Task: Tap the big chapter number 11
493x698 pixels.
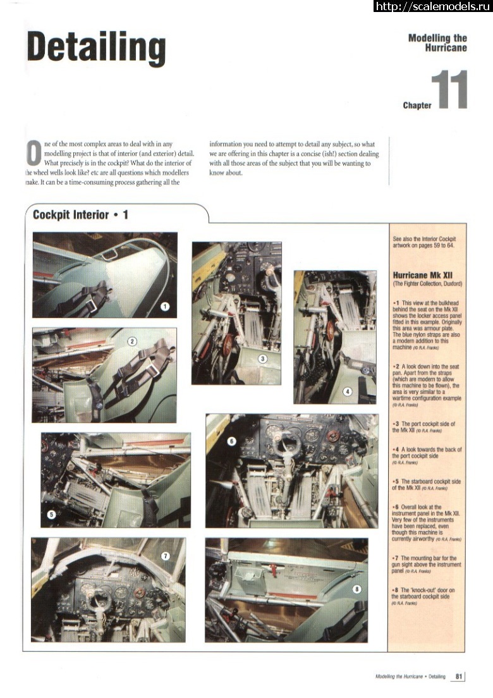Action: coord(449,90)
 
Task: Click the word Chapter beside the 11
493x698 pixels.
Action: coord(417,105)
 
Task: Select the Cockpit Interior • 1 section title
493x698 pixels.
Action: coord(80,215)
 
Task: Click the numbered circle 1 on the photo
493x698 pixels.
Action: coord(165,306)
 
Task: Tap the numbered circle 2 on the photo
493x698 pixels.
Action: coord(132,341)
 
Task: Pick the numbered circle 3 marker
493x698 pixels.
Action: coord(263,358)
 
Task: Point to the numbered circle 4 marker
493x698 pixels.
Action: coord(347,391)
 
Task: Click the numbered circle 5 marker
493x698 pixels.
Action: coord(52,515)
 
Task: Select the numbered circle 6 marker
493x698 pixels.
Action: coord(231,441)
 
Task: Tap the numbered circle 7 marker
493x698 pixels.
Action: coord(166,556)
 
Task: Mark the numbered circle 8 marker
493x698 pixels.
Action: coord(357,589)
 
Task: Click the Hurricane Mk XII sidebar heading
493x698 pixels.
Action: coord(422,276)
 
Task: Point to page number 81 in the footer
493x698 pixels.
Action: coord(459,677)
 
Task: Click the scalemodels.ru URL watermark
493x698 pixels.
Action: coord(433,6)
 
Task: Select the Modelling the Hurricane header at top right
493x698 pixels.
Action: coord(437,42)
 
